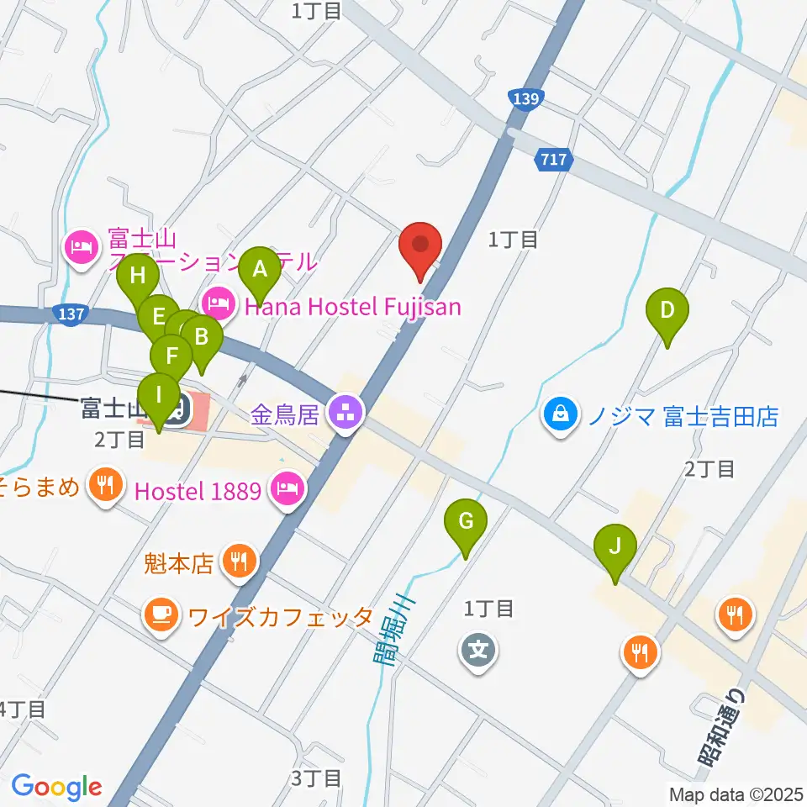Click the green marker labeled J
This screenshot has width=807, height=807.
[x=615, y=548]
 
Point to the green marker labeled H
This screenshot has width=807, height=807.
[x=138, y=276]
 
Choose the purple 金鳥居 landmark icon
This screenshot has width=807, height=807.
[x=345, y=413]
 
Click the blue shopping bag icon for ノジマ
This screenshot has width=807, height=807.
[x=560, y=414]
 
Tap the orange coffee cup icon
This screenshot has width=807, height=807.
[x=161, y=614]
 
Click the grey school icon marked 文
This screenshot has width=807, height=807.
[x=477, y=650]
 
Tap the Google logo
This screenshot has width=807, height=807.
[x=56, y=787]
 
